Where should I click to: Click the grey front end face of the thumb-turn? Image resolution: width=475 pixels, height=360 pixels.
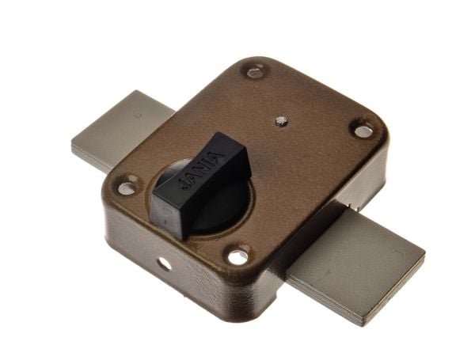click(167, 215)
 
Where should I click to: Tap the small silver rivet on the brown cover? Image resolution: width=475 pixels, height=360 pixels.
click(281, 121)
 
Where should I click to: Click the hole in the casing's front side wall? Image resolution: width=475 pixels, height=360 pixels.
click(164, 265)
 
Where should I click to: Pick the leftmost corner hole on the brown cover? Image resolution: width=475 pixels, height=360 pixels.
click(127, 188)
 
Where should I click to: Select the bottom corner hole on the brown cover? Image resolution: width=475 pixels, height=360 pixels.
click(238, 258)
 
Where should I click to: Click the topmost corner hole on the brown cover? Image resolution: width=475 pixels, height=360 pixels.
click(254, 72)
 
